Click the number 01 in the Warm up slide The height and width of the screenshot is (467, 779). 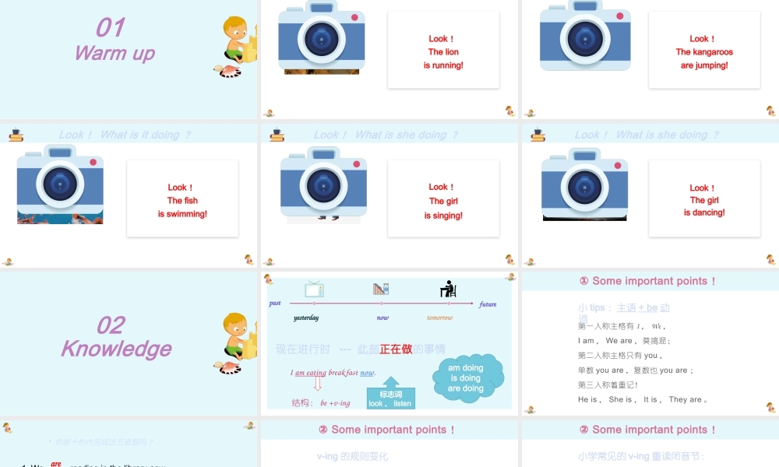tap(110, 28)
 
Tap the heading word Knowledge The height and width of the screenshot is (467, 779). tap(116, 349)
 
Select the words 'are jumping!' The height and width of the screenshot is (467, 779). tap(704, 65)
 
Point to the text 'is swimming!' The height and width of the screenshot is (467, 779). tap(182, 214)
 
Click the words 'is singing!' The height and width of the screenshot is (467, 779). tap(443, 216)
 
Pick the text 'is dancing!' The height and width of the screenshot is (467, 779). tap(704, 212)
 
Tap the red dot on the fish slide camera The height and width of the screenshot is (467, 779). tap(93, 163)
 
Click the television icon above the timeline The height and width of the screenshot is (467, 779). tap(314, 290)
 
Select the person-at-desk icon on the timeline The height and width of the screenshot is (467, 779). tap(448, 290)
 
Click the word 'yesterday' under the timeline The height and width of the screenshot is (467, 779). tap(306, 318)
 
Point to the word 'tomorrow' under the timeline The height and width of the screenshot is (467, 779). tap(439, 318)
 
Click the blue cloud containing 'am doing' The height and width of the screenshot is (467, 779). tap(467, 378)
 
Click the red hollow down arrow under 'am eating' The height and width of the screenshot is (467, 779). tap(317, 383)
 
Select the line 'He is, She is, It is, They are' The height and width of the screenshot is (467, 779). tap(643, 399)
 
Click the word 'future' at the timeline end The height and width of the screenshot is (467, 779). tap(488, 304)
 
